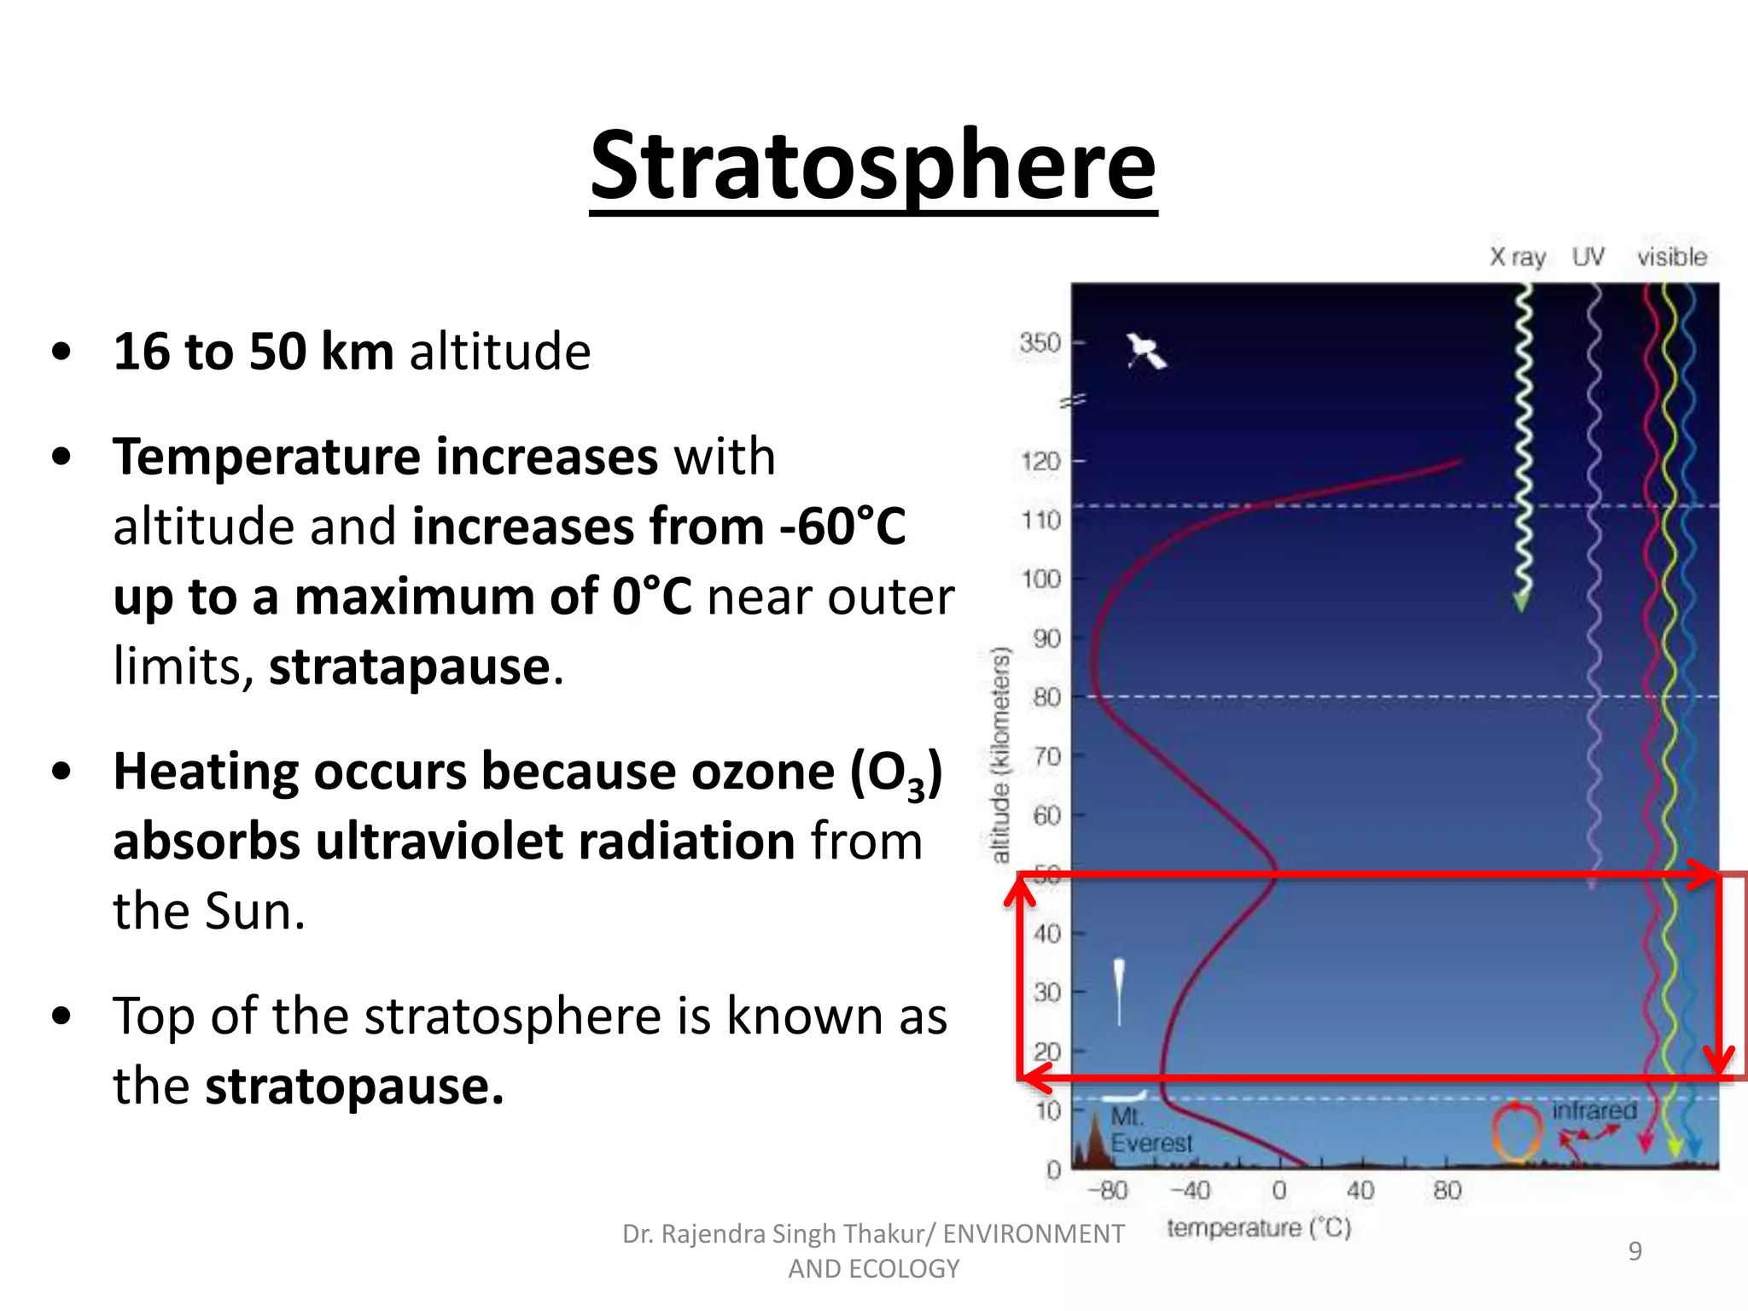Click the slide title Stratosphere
pos(872,166)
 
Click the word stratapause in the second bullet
pos(410,667)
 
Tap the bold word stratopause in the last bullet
pos(354,1087)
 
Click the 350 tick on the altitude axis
pos(1040,343)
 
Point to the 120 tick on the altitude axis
pos(1040,462)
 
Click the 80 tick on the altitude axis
pos(1046,697)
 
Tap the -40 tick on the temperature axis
pos(1190,1190)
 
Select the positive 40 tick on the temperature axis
pos(1361,1190)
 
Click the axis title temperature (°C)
pos(1258,1228)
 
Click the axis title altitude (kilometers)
pos(1000,755)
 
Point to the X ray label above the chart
pos(1518,257)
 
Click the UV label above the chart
pos(1588,256)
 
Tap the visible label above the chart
pos(1671,256)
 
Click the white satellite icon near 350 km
pos(1145,351)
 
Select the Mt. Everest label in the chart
pos(1149,1130)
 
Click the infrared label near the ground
pos(1594,1110)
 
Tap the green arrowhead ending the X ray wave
pos(1521,603)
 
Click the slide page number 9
pos(1634,1250)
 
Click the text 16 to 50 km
pos(253,351)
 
